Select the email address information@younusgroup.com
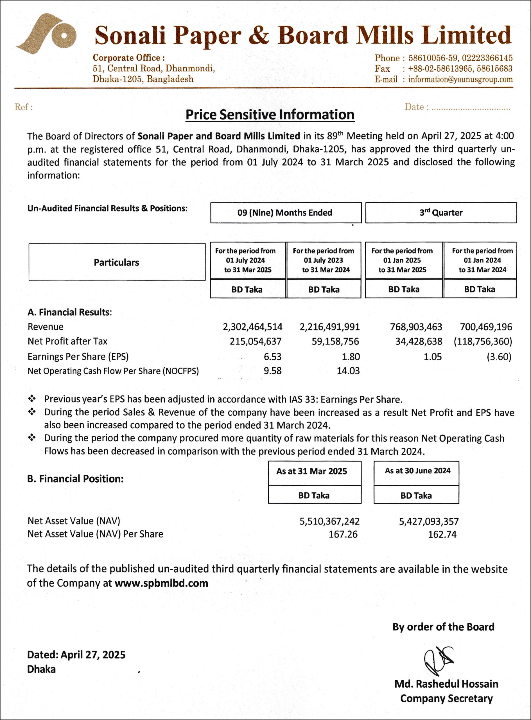(x=460, y=79)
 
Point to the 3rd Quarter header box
(x=441, y=213)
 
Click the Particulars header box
(x=117, y=262)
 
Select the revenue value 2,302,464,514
(x=252, y=327)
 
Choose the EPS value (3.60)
(x=499, y=357)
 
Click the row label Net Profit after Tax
(x=67, y=341)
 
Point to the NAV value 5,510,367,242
(x=329, y=521)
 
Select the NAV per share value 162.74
(x=442, y=534)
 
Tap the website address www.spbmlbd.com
(x=161, y=583)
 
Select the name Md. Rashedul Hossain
(x=446, y=684)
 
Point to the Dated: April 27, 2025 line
(x=76, y=655)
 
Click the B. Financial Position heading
(x=75, y=479)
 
